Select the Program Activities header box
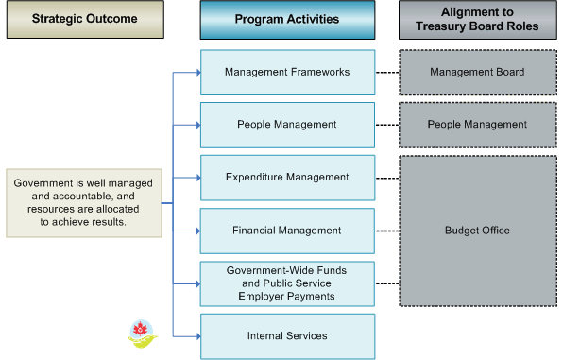287,19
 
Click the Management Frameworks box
287,72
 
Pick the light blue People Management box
287,124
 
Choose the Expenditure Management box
287,177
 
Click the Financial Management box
287,230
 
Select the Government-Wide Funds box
287,283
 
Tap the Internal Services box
287,335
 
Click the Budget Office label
477,230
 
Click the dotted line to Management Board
387,72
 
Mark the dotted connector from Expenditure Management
387,177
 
